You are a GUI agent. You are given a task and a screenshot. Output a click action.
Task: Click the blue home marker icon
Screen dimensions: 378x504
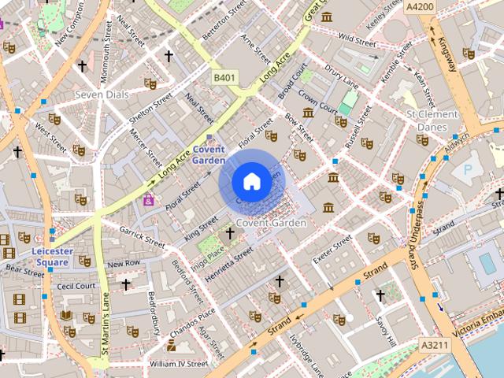[x=252, y=182]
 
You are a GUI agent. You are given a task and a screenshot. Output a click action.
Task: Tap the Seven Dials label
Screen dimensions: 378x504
[x=102, y=94]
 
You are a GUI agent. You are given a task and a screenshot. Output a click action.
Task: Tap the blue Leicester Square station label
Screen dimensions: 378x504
[x=52, y=256]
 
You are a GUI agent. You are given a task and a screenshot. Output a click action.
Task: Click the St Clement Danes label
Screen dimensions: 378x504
[x=432, y=120]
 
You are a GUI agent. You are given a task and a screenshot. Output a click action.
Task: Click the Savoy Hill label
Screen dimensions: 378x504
[x=385, y=332]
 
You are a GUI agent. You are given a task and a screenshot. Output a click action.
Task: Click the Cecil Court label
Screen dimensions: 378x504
[x=76, y=286]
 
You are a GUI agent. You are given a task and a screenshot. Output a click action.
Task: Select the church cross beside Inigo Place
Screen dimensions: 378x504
[x=230, y=233]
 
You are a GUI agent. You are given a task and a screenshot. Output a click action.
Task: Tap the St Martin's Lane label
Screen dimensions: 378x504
[x=104, y=319]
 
